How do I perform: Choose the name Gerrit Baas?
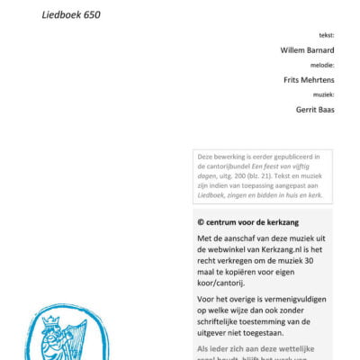tap(314, 109)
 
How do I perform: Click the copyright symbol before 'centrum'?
tap(201, 221)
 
